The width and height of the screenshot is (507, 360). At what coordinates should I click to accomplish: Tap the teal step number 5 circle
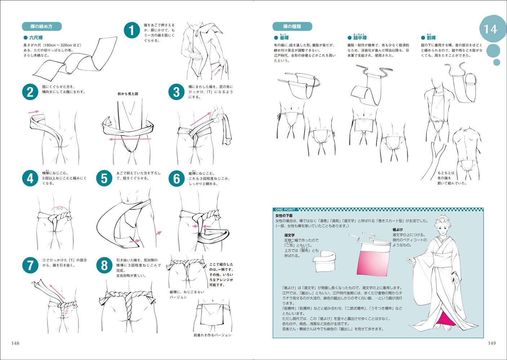point(104,179)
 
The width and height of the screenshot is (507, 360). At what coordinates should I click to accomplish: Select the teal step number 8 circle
point(104,266)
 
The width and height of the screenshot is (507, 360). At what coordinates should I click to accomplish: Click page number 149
point(492,343)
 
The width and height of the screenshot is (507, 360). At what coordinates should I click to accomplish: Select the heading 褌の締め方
point(41,27)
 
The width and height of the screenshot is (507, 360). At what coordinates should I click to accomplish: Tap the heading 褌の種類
point(292,27)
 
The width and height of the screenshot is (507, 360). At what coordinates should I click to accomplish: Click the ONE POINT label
point(285,210)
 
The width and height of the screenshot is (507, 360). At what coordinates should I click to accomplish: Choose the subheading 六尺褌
point(35,37)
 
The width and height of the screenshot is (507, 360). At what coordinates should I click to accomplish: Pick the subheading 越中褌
point(359,38)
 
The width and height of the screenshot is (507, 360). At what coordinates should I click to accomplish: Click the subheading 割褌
point(431,38)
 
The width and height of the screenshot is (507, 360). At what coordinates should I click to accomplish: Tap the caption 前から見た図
point(128,94)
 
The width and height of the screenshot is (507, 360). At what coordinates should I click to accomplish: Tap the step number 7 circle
point(30,266)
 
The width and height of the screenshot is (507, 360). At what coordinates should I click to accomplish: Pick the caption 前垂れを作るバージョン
point(212,335)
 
